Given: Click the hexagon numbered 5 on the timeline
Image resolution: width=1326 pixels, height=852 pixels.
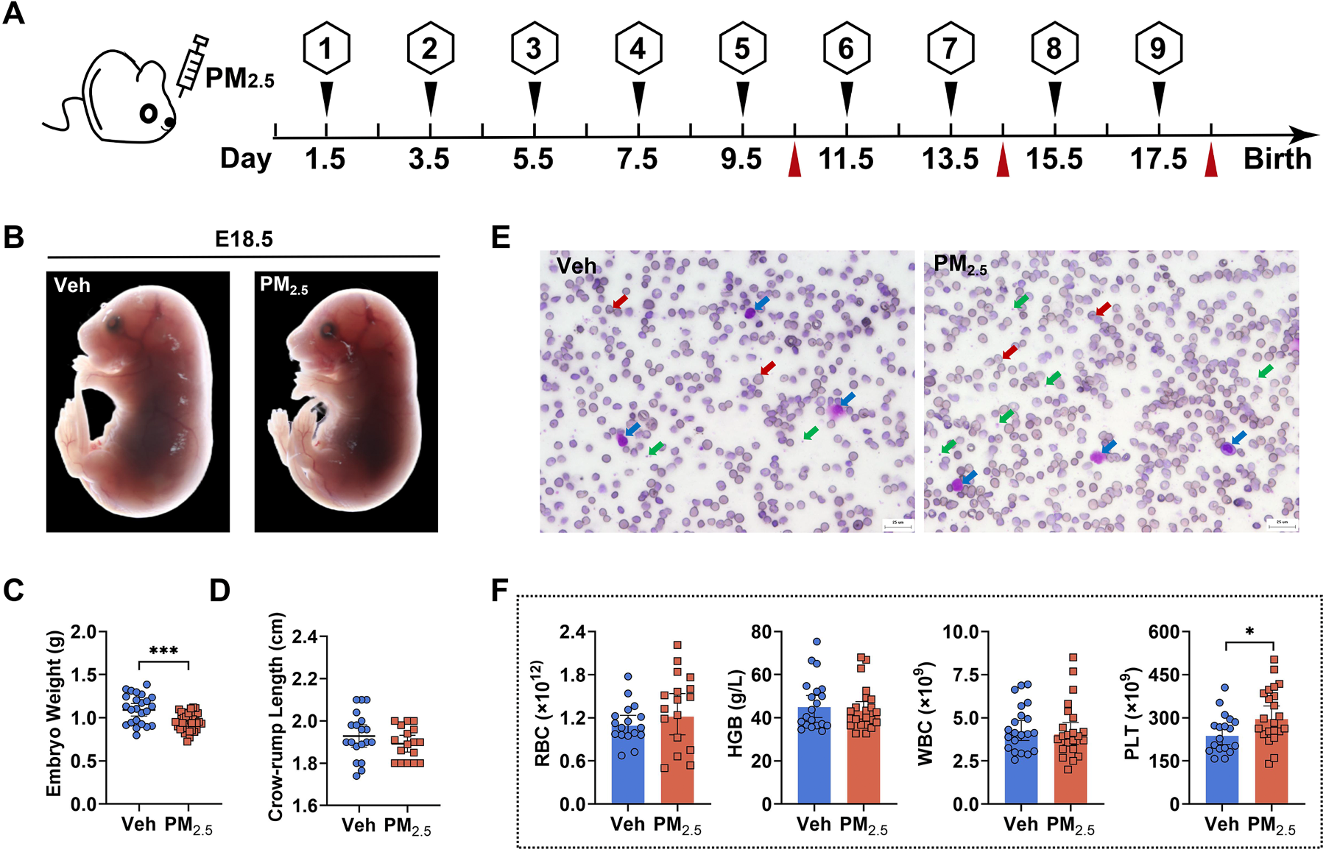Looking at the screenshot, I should coord(742,49).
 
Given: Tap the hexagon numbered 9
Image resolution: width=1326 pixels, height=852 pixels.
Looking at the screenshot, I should coord(1158,49).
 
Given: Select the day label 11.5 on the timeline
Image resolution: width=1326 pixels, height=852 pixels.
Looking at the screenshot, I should coord(846,159).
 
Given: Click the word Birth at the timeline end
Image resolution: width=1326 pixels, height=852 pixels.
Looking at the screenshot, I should coord(1277,159).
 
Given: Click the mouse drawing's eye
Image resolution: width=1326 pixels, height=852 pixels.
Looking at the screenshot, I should coord(149,113).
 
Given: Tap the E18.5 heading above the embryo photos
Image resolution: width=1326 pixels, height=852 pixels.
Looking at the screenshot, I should coord(244,239).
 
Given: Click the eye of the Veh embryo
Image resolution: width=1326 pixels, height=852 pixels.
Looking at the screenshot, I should coord(114,323).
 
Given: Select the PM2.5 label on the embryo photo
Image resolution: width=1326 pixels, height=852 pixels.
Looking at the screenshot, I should coord(283,285).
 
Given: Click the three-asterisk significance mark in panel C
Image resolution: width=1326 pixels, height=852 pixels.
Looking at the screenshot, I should coord(163,651).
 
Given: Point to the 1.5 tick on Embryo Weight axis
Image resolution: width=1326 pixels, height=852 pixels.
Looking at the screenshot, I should coord(83,675).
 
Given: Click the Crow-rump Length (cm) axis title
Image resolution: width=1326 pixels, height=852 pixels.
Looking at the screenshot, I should coord(276,717).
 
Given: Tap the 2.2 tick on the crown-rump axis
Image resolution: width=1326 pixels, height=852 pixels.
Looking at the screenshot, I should coord(306,678).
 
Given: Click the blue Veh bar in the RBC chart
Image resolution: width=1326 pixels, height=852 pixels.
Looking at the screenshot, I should coord(628,758).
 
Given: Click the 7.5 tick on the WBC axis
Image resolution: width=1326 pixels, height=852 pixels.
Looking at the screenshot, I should coord(965,675).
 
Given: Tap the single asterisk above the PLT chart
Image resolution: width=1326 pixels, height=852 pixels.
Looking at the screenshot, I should coord(1249,632).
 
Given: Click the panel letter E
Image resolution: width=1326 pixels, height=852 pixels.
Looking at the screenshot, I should coord(501,238).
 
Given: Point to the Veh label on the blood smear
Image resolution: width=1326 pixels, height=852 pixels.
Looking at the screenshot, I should coord(576,266).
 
